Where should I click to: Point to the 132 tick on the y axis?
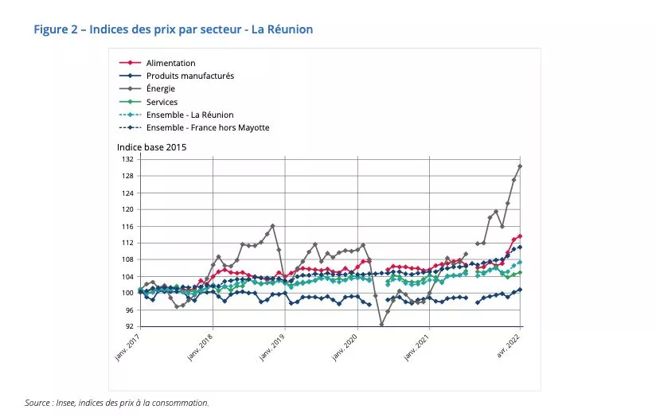[128, 159]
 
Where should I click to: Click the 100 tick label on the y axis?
[128, 293]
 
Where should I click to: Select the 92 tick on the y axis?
[130, 326]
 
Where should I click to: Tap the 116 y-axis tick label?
[128, 226]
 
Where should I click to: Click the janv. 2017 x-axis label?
[127, 347]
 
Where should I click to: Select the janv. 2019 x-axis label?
[272, 347]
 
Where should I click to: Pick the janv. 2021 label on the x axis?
[417, 347]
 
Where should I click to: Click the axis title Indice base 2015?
[151, 147]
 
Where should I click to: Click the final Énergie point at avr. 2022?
[520, 166]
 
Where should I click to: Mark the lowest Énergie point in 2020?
[381, 324]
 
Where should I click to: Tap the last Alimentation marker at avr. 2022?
[520, 236]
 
